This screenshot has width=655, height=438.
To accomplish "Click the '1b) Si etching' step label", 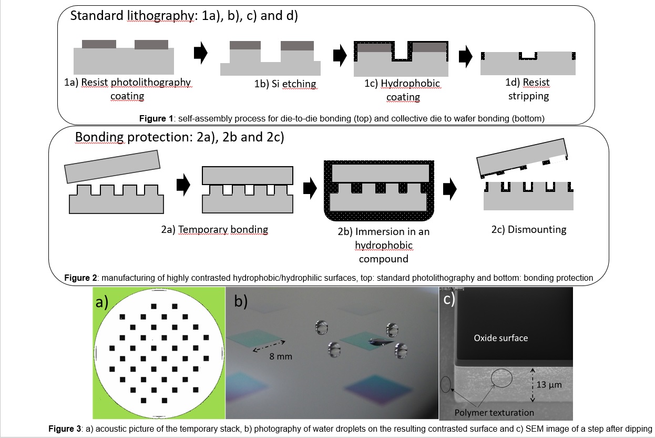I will pos(285,84).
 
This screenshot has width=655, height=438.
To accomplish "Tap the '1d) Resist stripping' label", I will pos(528,89).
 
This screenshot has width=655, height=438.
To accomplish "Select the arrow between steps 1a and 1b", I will pos(200,54).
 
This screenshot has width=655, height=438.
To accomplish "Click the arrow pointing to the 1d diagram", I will pos(465,56).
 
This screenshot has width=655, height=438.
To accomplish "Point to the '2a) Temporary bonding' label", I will pos(214,230).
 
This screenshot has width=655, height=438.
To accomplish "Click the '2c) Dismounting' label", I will pos(529,229).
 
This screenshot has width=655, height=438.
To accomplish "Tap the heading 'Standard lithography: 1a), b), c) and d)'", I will pos(184,16).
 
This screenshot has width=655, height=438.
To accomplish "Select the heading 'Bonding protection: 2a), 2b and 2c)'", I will pos(179,137).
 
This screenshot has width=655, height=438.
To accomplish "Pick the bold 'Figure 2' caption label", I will pos(77,278).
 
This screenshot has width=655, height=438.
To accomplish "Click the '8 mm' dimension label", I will pos(281,356).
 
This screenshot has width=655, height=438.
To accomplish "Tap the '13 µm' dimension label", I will pos(549,385).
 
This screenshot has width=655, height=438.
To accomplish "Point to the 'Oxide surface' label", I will pos(500,338).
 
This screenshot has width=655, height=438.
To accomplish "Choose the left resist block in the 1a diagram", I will pos(99,44).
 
